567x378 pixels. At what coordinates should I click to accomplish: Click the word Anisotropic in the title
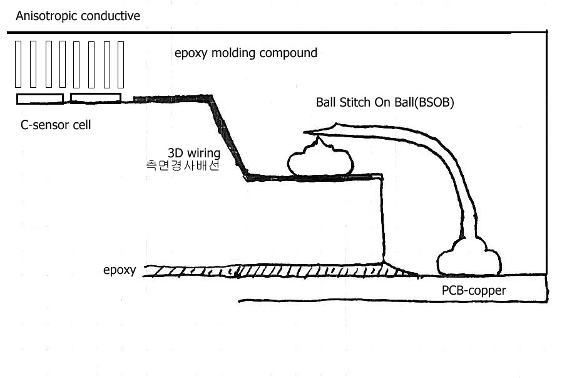[43, 16]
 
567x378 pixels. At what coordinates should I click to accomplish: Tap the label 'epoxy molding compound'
[246, 53]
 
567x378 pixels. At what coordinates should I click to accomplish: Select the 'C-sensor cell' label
[56, 125]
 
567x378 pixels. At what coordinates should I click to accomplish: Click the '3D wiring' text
[193, 153]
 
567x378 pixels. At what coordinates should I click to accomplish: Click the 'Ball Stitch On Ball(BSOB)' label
[385, 103]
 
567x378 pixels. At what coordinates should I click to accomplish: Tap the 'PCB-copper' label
[474, 291]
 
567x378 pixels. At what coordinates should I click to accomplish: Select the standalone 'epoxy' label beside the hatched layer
[120, 271]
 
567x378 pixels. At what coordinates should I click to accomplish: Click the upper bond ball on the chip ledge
[320, 160]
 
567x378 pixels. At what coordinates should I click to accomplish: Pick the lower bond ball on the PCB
[469, 258]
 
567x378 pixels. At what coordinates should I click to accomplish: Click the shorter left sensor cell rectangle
[40, 98]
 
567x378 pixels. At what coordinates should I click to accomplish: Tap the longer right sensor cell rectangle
[96, 98]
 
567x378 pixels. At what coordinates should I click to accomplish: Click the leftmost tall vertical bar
[18, 64]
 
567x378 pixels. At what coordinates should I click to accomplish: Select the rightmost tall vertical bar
[121, 64]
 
